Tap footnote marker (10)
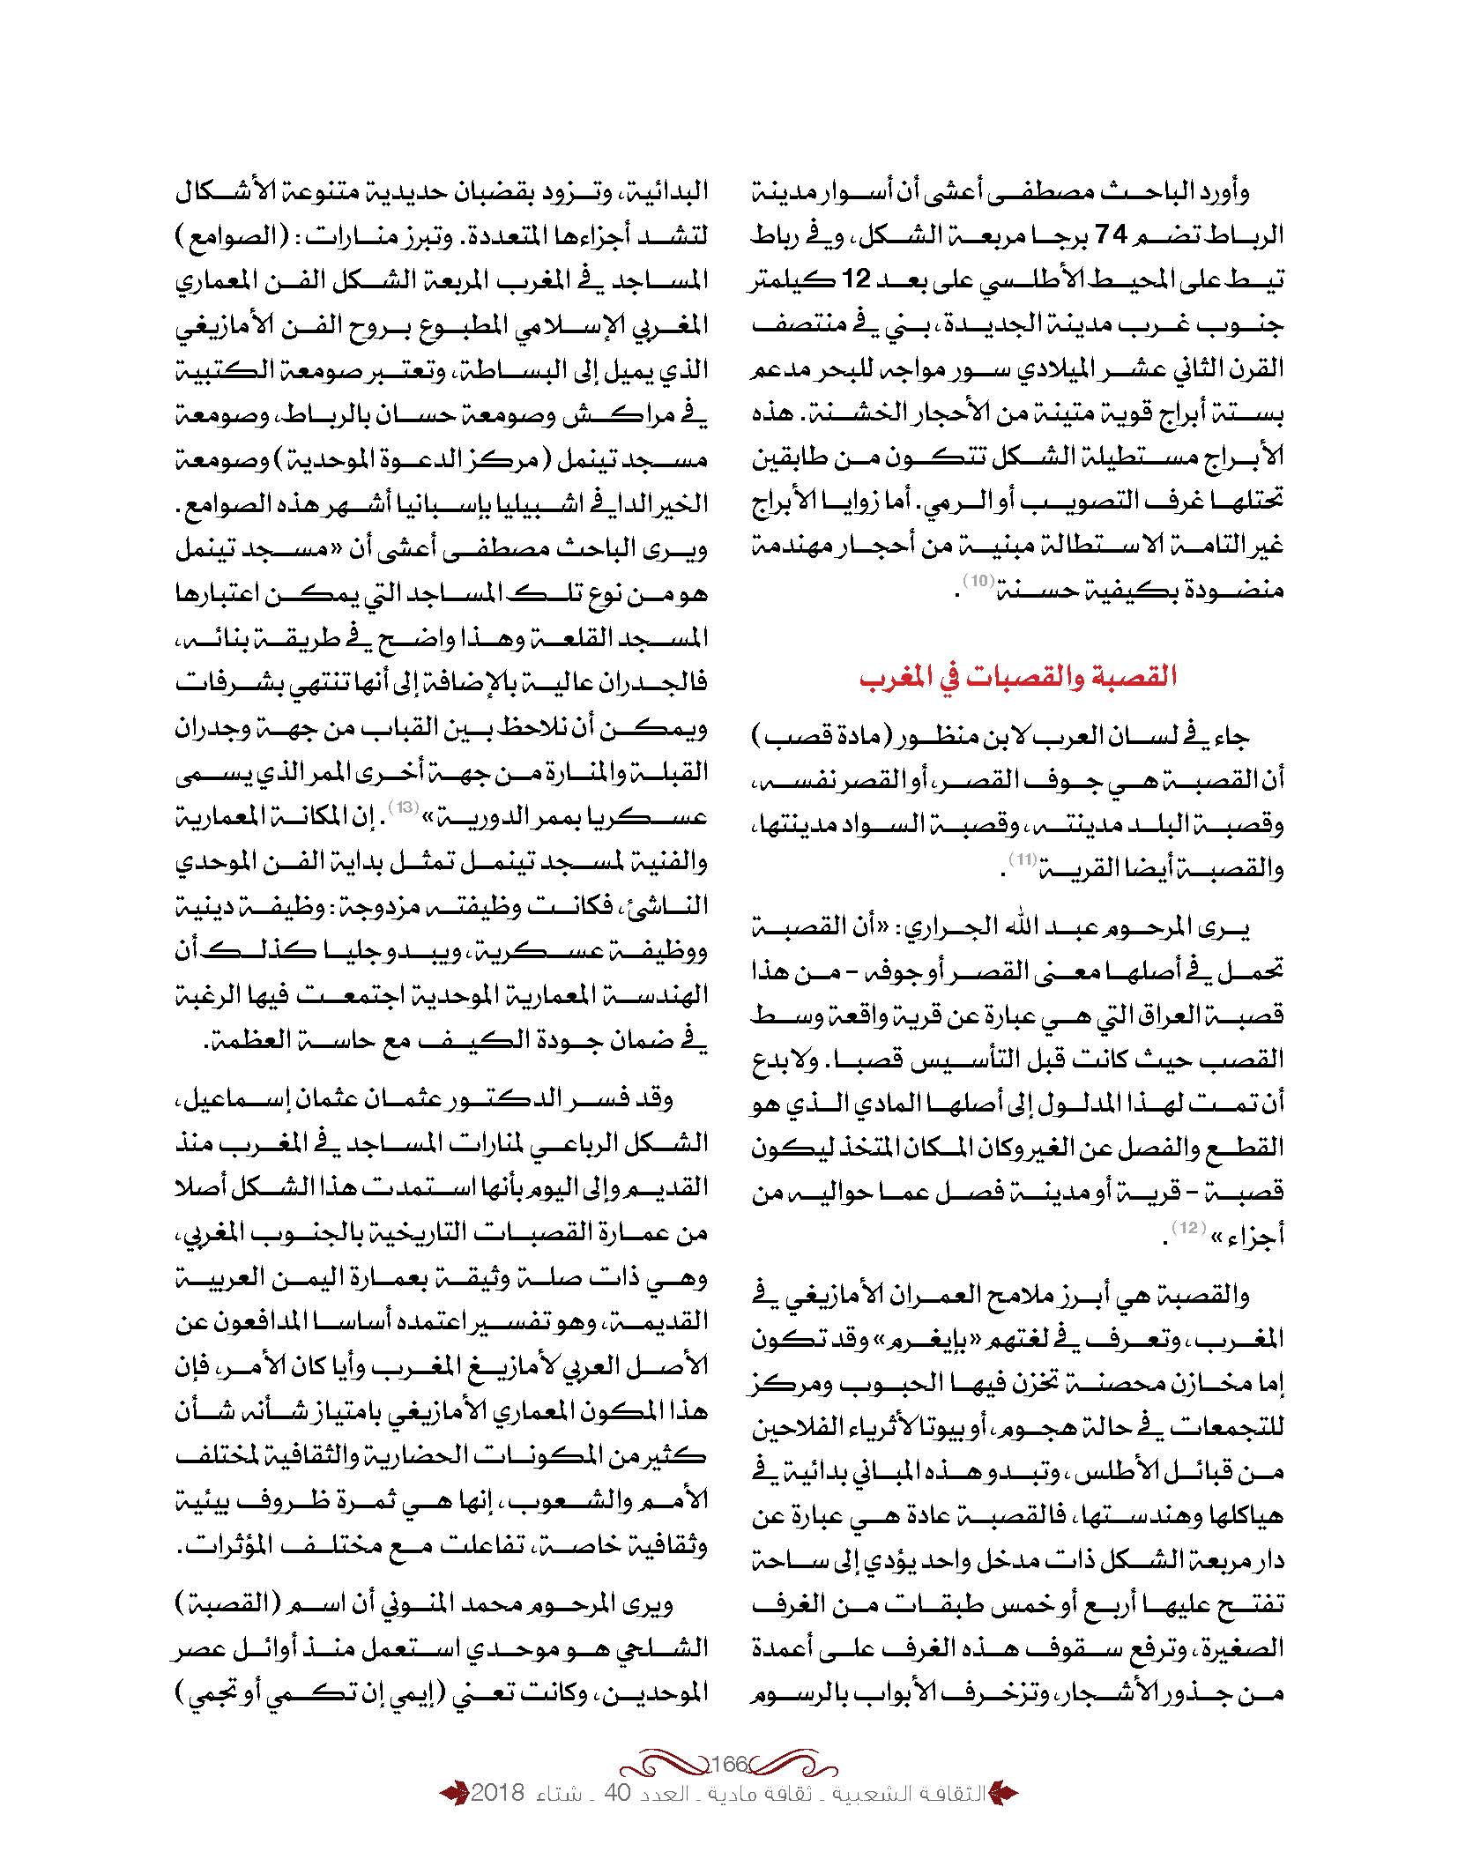click(978, 580)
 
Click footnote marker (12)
click(1185, 1229)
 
